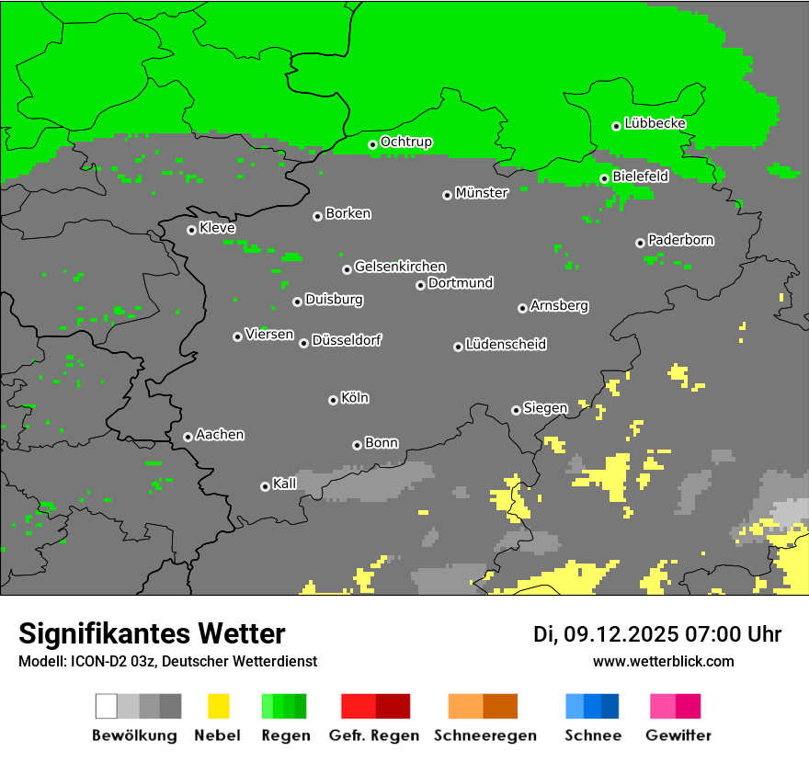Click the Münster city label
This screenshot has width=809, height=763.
pyautogui.click(x=481, y=193)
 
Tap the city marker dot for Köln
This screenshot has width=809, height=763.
pyautogui.click(x=333, y=400)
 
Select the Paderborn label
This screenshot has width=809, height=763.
pyautogui.click(x=680, y=240)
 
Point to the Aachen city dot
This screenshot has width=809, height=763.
pyautogui.click(x=188, y=437)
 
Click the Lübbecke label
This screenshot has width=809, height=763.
pyautogui.click(x=655, y=123)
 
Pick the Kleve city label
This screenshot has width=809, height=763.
pyautogui.click(x=217, y=228)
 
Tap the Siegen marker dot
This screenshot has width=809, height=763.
pyautogui.click(x=516, y=410)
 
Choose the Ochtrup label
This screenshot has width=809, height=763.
pyautogui.click(x=405, y=142)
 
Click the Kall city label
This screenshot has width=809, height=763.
pyautogui.click(x=284, y=484)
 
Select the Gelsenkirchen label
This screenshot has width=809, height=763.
pyautogui.click(x=400, y=267)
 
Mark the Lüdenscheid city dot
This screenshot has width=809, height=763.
pyautogui.click(x=458, y=347)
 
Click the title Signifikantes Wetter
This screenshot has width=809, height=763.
pyautogui.click(x=152, y=634)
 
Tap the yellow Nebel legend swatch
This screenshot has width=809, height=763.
pyautogui.click(x=218, y=706)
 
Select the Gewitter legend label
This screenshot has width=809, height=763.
pyautogui.click(x=678, y=735)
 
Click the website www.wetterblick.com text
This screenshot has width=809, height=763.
pyautogui.click(x=663, y=661)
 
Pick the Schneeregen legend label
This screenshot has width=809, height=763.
pyautogui.click(x=483, y=735)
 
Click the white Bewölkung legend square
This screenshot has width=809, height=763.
pyautogui.click(x=106, y=706)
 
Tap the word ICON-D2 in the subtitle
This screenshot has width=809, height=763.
pyautogui.click(x=93, y=661)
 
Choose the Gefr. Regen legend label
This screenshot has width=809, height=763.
pyautogui.click(x=373, y=735)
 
